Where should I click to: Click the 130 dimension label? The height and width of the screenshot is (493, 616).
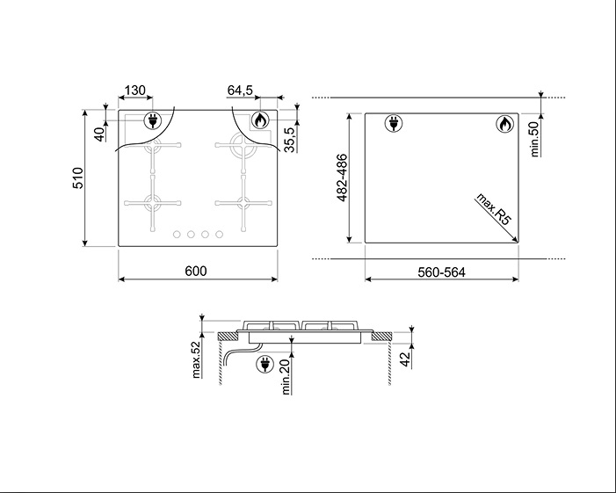click(x=134, y=91)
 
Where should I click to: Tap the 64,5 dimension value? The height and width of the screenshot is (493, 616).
click(x=240, y=91)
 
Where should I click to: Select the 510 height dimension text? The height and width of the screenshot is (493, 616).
click(x=78, y=178)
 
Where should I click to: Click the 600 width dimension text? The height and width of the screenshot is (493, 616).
click(x=196, y=271)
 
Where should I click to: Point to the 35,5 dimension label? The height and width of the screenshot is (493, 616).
click(x=289, y=140)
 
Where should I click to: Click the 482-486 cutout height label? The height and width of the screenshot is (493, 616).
click(x=342, y=178)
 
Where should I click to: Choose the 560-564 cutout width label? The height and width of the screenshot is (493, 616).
click(x=441, y=272)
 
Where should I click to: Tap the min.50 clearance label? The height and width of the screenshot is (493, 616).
click(x=534, y=140)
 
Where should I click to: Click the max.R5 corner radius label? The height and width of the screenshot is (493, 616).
click(x=493, y=209)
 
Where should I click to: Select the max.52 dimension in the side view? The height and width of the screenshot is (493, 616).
click(x=197, y=359)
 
